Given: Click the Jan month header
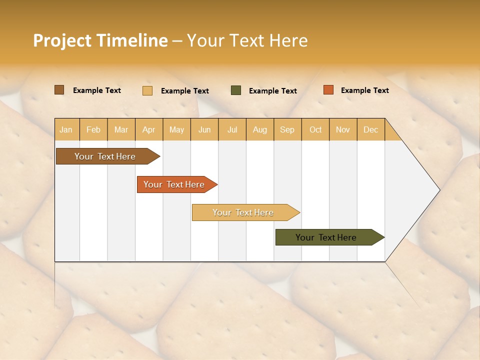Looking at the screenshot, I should (x=66, y=129).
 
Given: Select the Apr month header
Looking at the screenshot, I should (x=149, y=129).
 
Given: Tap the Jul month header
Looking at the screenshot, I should (x=232, y=129).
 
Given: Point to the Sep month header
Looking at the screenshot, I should (x=287, y=129).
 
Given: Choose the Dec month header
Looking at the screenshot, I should (x=370, y=129).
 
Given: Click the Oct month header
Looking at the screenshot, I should (x=315, y=129).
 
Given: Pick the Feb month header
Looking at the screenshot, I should (x=93, y=129).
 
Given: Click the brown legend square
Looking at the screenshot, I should (x=59, y=90).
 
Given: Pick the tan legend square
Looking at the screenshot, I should (x=147, y=90).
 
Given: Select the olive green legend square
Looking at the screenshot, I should (x=236, y=90).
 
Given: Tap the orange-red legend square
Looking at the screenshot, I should (x=328, y=90).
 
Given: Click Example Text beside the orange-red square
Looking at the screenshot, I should (x=364, y=90).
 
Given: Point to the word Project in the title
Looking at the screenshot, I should (x=62, y=40).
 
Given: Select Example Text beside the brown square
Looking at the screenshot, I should (x=96, y=90).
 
